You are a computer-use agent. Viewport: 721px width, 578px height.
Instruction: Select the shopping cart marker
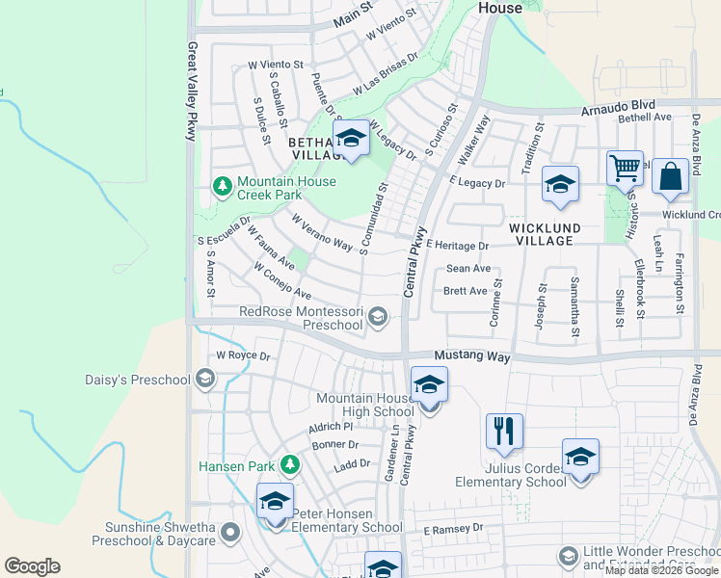[626, 169]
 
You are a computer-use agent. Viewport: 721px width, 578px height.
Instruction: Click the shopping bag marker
[670, 176]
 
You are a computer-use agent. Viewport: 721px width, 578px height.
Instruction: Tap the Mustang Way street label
[471, 356]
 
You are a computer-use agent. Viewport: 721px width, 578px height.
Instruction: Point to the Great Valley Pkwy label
[192, 92]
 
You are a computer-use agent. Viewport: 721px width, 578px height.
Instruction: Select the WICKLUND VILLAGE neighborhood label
[545, 234]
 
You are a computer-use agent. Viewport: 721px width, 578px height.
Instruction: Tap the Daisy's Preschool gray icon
[204, 379]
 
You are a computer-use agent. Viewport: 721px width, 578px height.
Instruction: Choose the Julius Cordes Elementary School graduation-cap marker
[580, 457]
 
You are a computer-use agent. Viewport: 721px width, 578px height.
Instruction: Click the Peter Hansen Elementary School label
[347, 520]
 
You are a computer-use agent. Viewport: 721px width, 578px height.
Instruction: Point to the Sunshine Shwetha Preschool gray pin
[229, 531]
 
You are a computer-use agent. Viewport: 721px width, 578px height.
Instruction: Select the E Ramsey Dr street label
[453, 529]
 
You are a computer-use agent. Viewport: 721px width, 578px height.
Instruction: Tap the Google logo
[32, 566]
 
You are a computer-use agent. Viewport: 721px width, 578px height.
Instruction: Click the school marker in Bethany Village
[351, 139]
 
